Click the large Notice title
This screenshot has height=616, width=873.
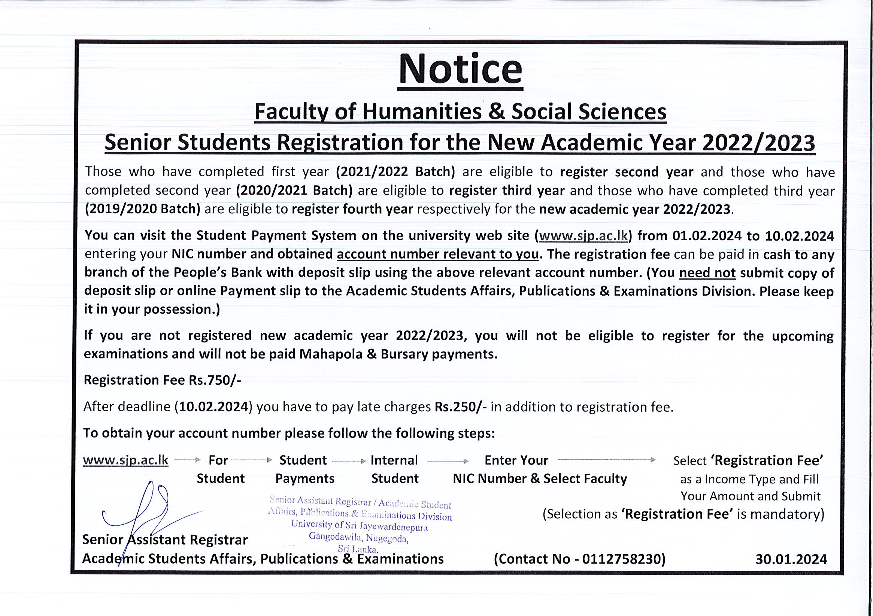coord(460,71)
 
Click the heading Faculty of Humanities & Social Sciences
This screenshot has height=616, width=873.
coord(460,112)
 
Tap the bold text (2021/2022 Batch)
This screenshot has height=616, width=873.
coord(395,172)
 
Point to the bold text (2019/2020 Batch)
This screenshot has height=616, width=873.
coord(142,209)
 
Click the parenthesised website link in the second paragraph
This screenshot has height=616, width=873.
coord(583,236)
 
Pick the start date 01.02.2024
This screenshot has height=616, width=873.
coord(707,236)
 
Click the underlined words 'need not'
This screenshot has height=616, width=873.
coord(707,273)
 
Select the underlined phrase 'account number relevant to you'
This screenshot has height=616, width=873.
coord(438,254)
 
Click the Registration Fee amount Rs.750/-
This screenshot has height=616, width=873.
coord(215,380)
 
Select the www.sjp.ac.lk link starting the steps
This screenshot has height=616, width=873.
coord(125,460)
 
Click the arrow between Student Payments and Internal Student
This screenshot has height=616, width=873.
coord(349,461)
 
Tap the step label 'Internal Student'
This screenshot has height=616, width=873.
coord(394,469)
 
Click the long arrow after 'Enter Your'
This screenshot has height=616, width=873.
coord(607,460)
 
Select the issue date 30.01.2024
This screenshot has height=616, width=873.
coord(791,559)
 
